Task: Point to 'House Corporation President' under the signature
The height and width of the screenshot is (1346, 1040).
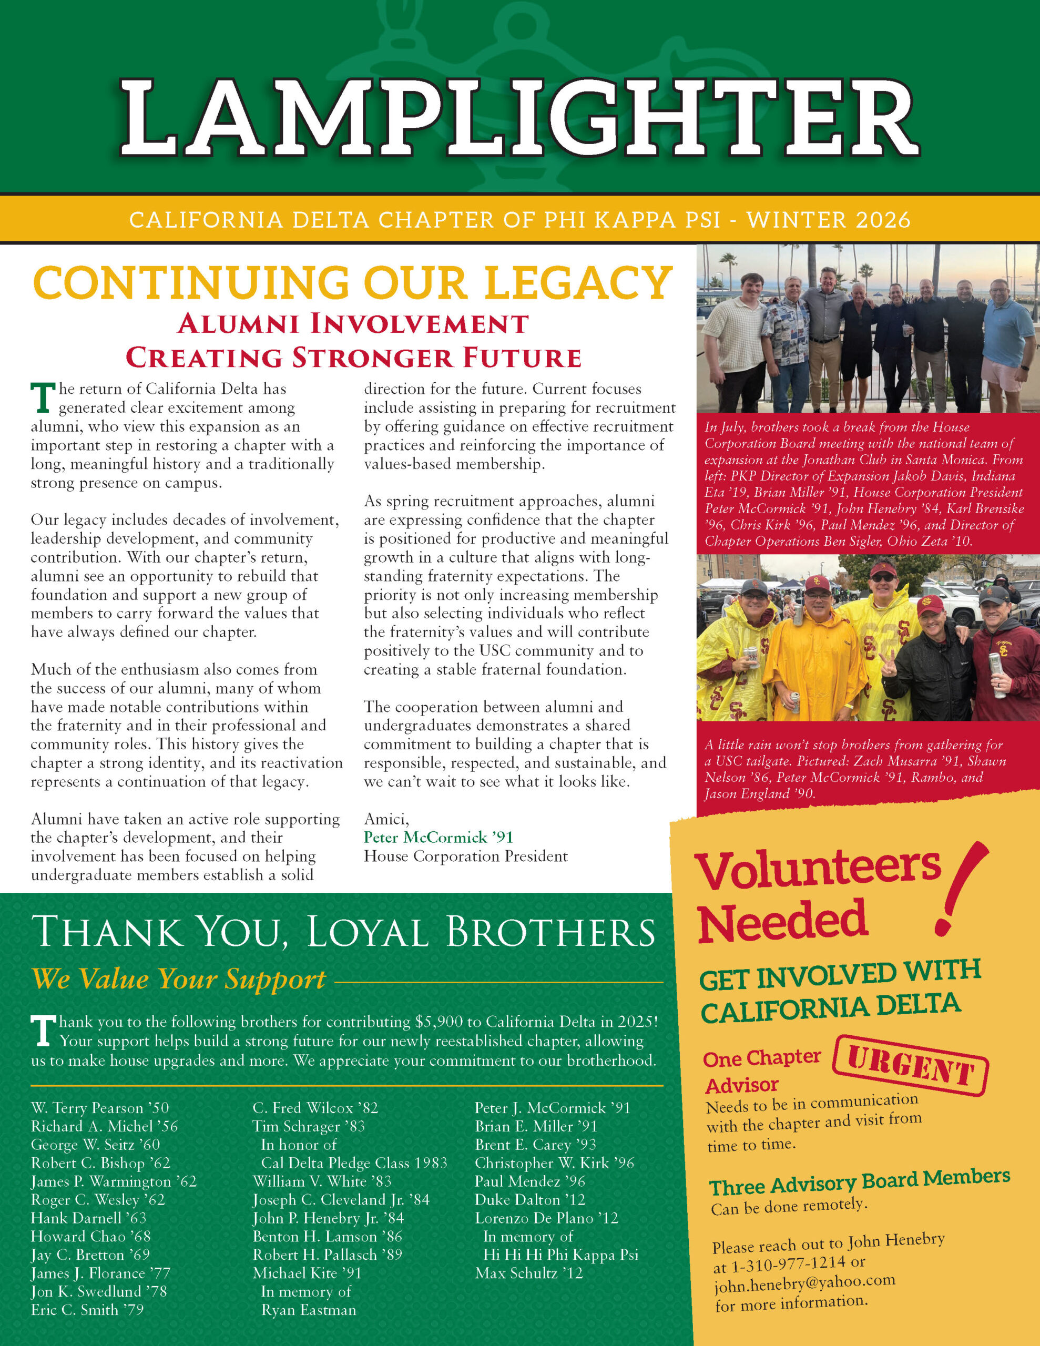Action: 465,856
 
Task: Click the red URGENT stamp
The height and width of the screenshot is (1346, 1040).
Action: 911,1066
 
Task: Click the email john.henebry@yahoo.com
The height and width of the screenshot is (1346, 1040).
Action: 804,1283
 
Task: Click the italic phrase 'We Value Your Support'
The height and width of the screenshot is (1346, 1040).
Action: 179,978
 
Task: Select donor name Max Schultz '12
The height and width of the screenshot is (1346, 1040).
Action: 528,1273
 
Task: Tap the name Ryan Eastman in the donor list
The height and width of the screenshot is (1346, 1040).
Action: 308,1310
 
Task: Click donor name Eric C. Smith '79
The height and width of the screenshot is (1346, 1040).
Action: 87,1310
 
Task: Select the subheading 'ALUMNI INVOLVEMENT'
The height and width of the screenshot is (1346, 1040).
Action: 353,323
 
